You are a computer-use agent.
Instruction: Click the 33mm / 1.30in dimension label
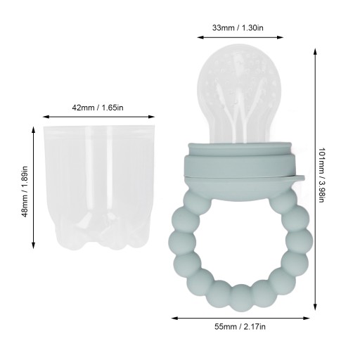(238, 28)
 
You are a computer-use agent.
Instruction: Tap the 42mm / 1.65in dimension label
(98, 108)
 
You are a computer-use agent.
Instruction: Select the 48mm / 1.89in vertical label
(25, 192)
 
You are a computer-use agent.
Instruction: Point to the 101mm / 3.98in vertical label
(321, 175)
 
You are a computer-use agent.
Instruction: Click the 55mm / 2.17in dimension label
(240, 327)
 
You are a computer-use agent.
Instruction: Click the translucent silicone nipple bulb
(239, 94)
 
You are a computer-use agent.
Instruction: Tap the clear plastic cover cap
(99, 188)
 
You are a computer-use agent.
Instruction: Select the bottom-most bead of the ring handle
(241, 298)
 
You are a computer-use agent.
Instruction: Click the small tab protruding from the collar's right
(297, 178)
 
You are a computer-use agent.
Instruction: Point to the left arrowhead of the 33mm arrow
(200, 37)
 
